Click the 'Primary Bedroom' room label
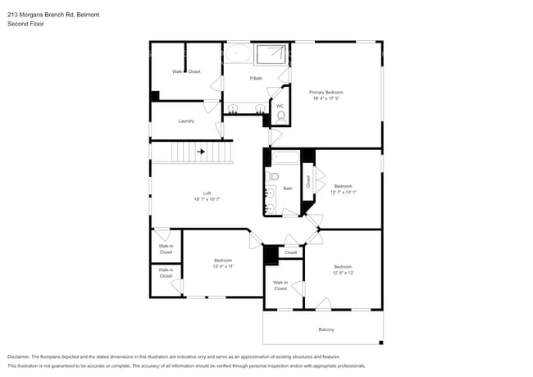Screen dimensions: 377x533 [x=326, y=93]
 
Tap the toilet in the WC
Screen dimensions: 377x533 [x=280, y=117]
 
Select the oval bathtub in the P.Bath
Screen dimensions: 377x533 [x=239, y=54]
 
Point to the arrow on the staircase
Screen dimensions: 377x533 [x=201, y=152]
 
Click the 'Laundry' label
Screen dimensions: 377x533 [x=186, y=121]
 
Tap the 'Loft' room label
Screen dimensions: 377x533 [x=207, y=193]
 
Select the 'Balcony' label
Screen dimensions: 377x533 [x=326, y=329]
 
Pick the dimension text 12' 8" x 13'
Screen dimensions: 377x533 [x=343, y=273]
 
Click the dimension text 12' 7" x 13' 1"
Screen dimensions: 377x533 [x=343, y=193]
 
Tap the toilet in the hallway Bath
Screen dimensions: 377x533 [x=274, y=175]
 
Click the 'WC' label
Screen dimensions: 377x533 [x=280, y=106]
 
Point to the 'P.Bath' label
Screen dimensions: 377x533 [x=257, y=79]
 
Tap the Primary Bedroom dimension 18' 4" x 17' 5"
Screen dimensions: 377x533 [x=326, y=99]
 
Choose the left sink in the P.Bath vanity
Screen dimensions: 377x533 [x=234, y=108]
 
